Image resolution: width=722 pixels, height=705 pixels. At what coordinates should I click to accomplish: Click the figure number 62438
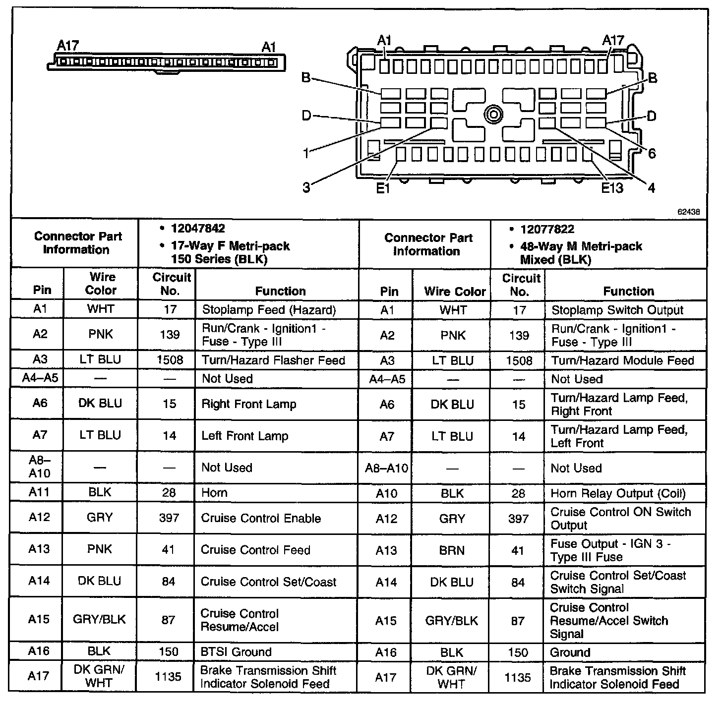689,211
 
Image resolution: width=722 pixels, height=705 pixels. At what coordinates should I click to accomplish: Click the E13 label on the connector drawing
612,188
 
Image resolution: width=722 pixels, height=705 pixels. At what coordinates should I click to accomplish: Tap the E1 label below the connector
383,188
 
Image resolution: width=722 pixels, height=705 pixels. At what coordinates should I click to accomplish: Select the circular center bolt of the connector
493,115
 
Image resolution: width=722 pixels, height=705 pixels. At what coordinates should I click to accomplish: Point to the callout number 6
652,153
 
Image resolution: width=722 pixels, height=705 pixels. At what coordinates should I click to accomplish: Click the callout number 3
306,187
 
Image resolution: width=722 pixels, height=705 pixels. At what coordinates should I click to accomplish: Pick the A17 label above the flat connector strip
68,46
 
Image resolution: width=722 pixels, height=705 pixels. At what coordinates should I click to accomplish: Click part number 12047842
198,229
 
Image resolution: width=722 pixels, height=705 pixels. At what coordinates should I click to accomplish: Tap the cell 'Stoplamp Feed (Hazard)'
269,310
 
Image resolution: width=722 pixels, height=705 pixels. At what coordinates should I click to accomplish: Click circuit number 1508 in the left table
170,360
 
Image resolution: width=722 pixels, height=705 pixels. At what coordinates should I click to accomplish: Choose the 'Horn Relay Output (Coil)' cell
618,493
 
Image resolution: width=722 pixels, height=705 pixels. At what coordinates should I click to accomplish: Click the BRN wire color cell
452,550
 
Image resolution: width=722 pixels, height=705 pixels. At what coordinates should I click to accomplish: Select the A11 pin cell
39,492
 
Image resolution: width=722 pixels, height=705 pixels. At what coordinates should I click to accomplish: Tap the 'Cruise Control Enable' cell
261,518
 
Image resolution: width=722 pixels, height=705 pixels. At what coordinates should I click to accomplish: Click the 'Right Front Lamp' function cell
248,404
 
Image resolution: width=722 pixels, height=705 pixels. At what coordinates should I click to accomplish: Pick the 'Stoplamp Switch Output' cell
617,310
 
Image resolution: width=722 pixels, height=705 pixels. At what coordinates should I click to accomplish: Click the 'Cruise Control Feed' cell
255,550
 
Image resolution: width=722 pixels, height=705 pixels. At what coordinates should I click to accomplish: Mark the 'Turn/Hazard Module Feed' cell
622,360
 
